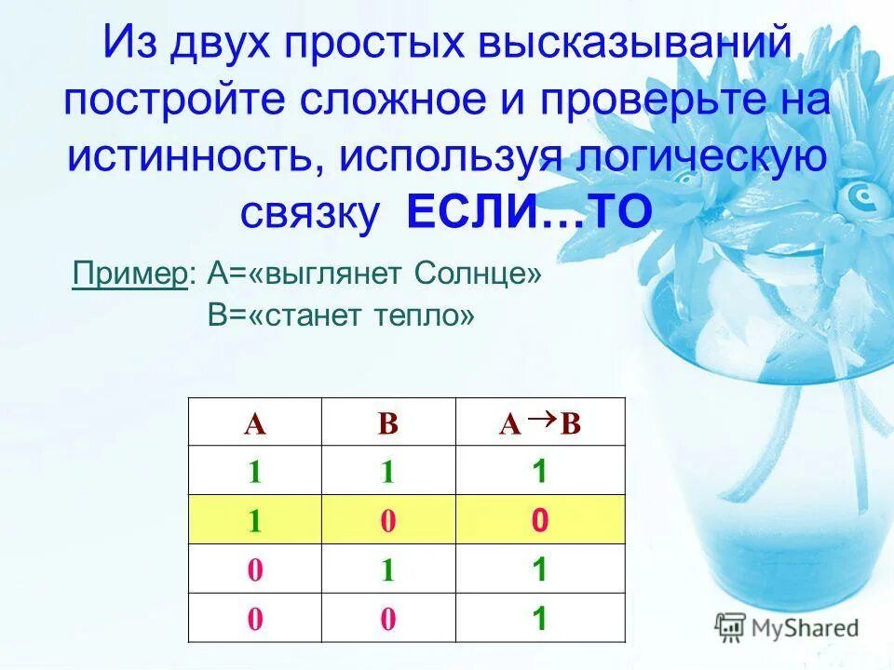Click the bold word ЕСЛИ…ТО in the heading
pos(529,213)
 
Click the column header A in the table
pos(254,424)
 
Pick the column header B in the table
pos(388,424)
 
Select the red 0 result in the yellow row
pos(538,521)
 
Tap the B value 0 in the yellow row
pos(388,522)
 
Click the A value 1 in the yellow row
pos(254,522)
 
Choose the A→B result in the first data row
pos(538,472)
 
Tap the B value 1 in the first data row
pos(388,473)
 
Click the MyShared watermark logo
pos(788,626)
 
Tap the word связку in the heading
pos(310,213)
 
